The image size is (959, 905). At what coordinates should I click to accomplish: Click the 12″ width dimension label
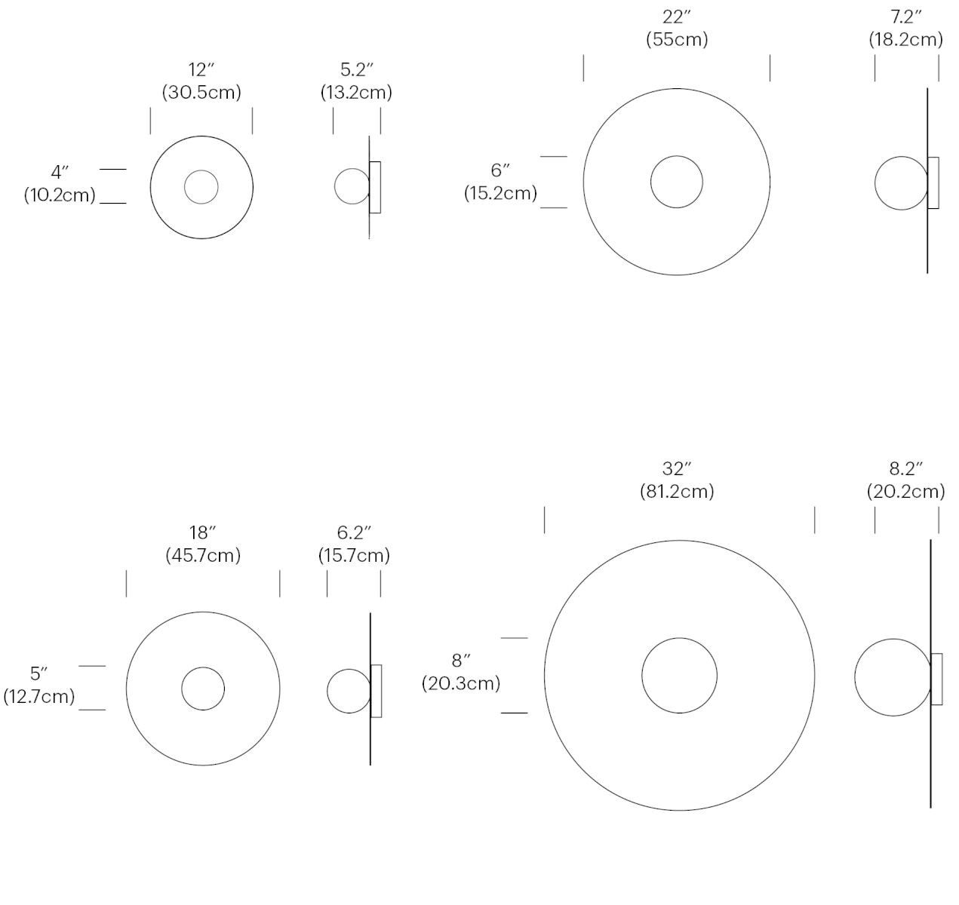(201, 70)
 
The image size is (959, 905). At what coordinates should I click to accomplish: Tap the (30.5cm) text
(201, 92)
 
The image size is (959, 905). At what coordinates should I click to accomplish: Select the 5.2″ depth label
(356, 70)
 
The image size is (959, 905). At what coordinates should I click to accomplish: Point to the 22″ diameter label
(677, 17)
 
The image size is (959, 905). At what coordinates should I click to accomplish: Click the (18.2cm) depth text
(905, 39)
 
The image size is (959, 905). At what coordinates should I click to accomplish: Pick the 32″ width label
(677, 469)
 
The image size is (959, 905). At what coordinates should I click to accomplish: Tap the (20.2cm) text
(905, 492)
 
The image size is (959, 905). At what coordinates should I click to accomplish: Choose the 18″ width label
(203, 533)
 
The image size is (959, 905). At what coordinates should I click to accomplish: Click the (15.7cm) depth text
(354, 556)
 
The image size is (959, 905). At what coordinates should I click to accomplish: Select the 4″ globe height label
(60, 173)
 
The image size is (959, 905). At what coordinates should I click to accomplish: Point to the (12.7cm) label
(39, 696)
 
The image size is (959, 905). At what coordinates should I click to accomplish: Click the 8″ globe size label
(461, 661)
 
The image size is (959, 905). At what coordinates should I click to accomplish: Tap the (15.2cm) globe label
(500, 193)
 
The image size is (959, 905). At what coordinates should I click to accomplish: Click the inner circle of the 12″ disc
(201, 187)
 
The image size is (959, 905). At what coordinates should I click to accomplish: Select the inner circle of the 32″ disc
(679, 676)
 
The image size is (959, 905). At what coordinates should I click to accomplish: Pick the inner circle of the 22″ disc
(677, 182)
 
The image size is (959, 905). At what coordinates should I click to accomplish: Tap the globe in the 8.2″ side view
(892, 676)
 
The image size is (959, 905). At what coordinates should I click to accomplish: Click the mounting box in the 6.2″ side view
(377, 691)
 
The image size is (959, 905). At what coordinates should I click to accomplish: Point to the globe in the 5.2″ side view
(351, 186)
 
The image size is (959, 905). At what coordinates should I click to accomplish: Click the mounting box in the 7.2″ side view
(933, 183)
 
